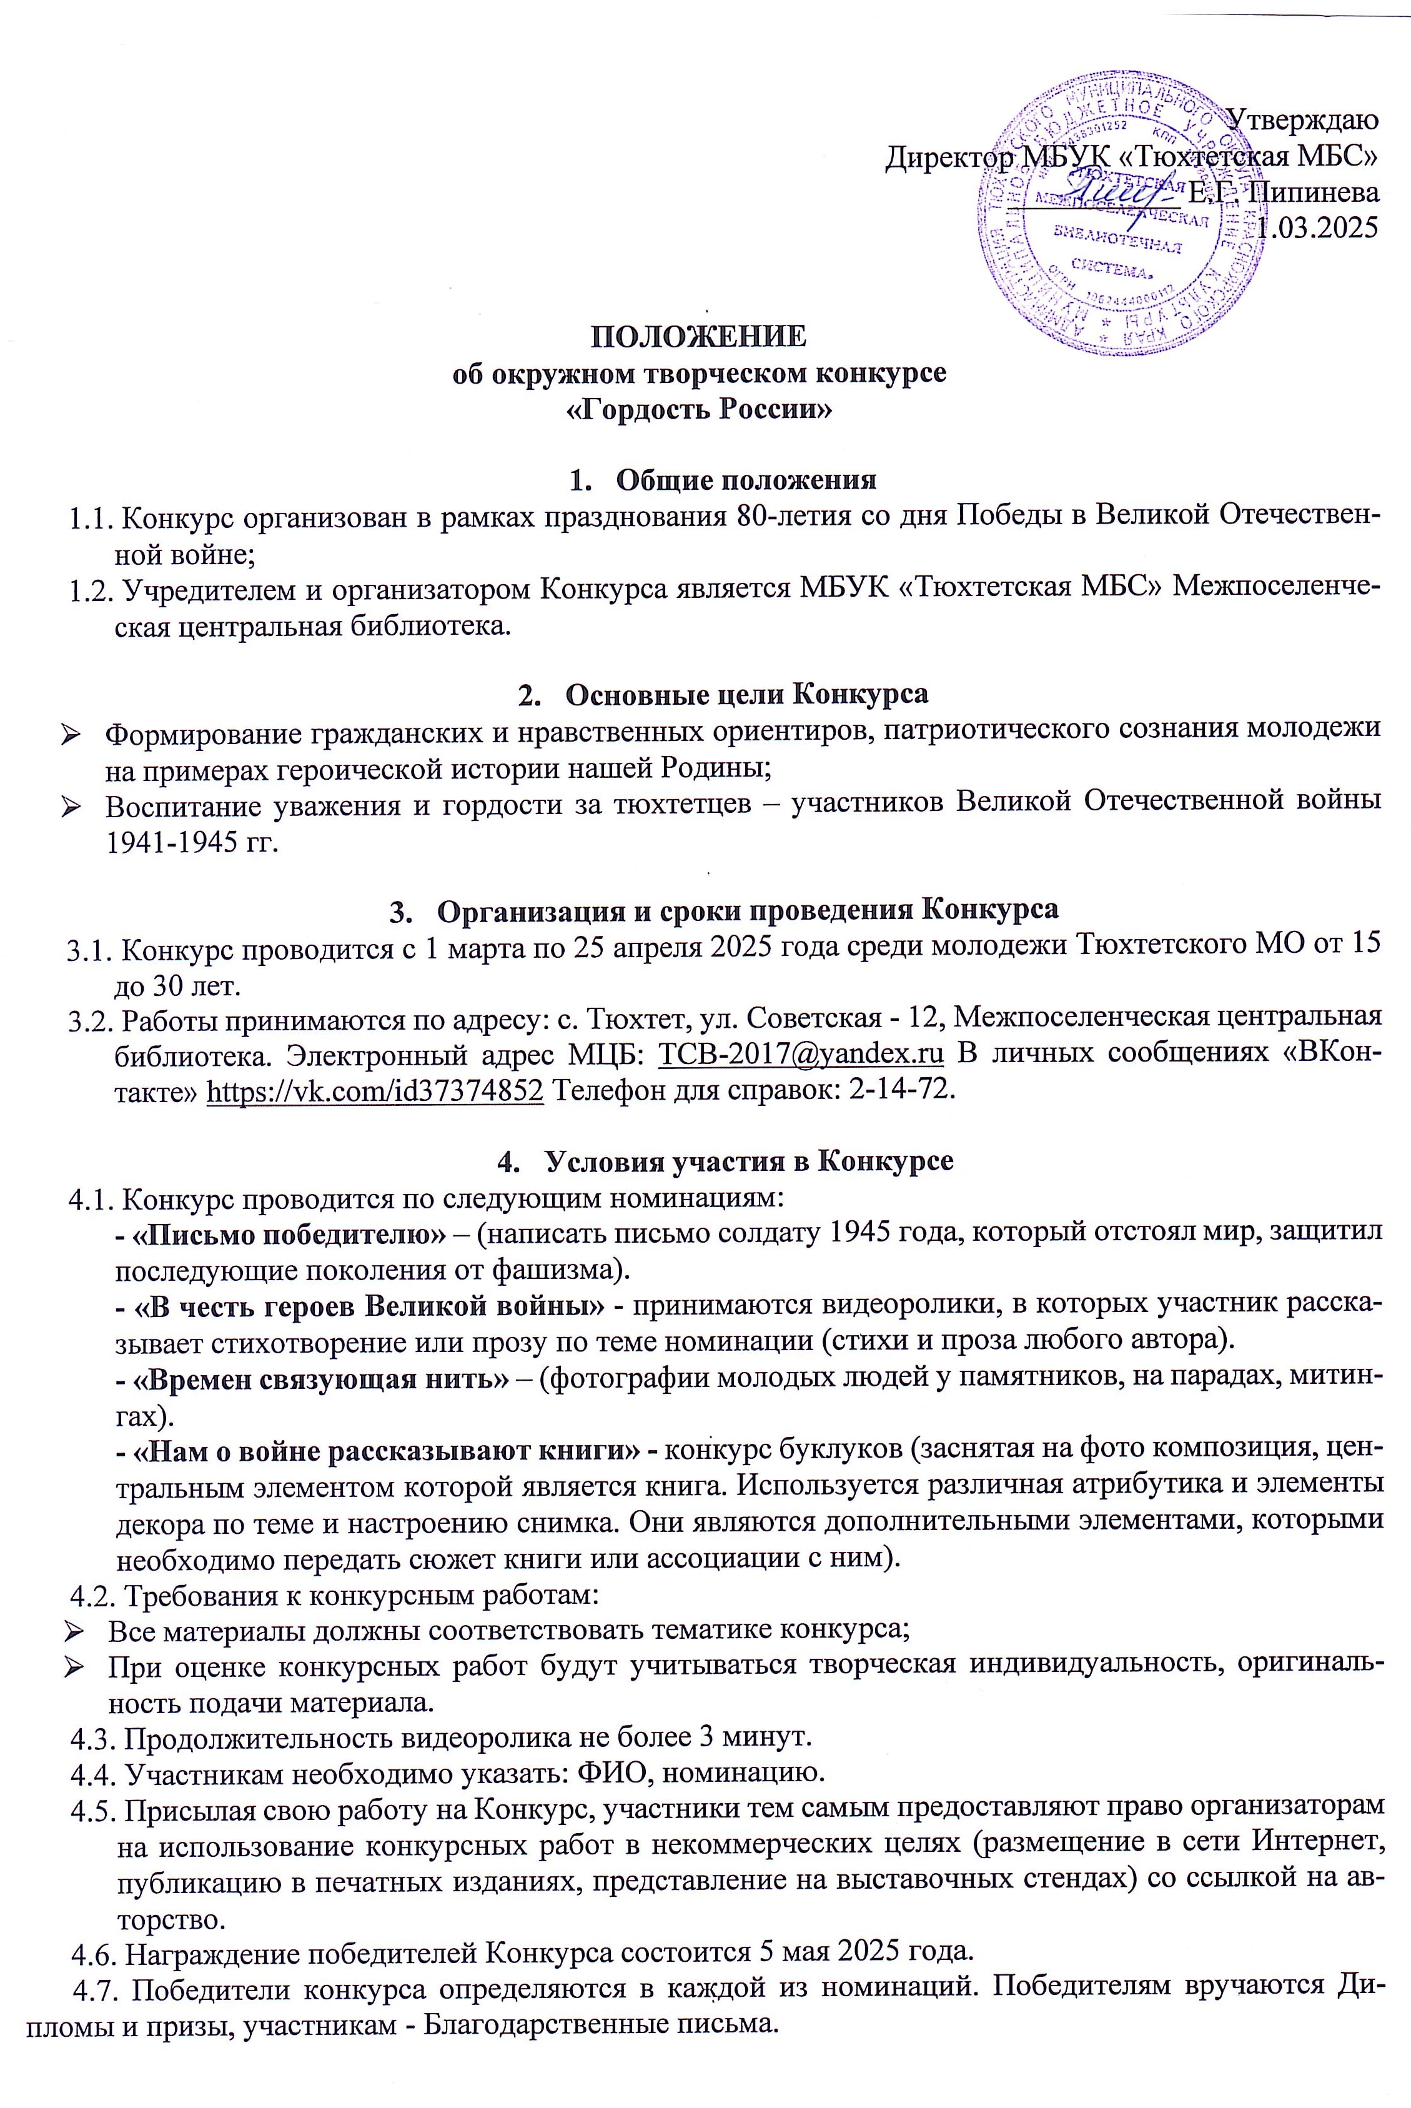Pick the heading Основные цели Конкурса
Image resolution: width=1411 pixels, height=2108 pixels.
pos(748,694)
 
